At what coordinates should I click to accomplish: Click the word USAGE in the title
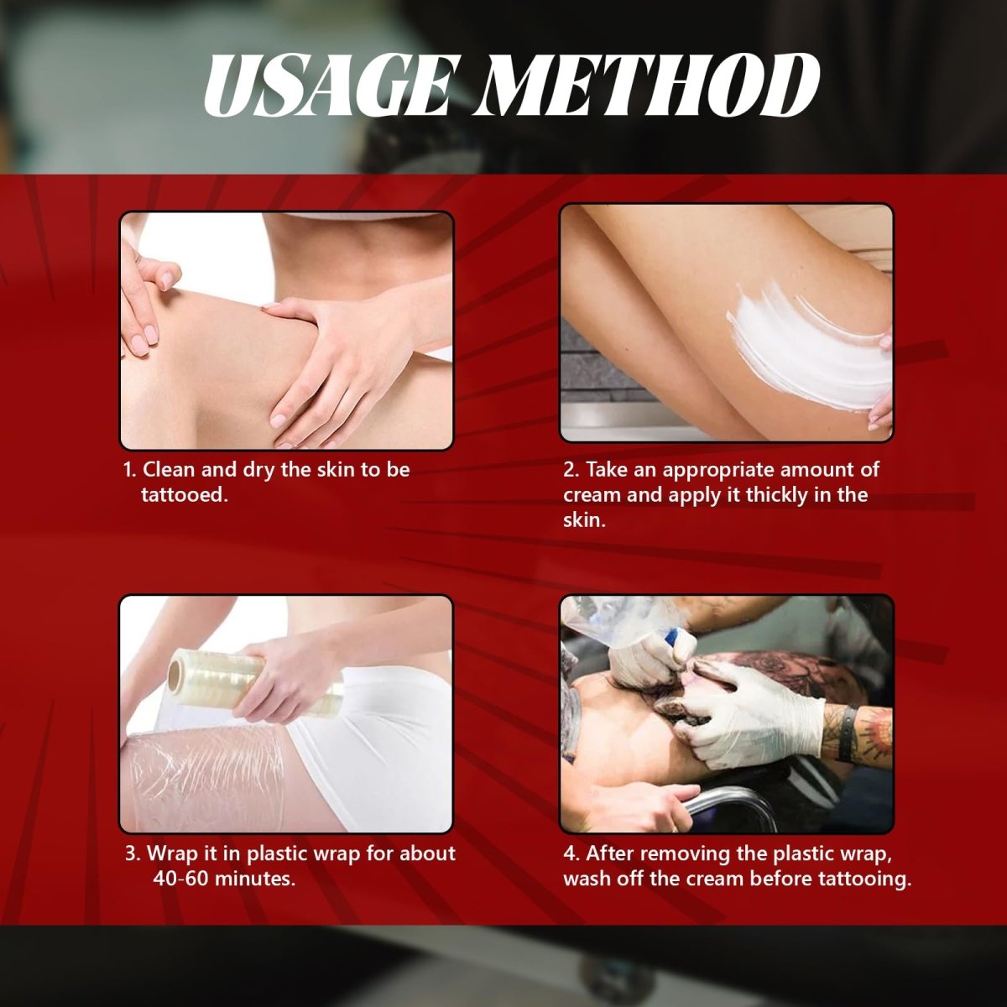pyautogui.click(x=326, y=86)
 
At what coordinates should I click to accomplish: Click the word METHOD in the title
pyautogui.click(x=647, y=86)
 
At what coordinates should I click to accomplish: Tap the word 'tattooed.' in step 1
pyautogui.click(x=185, y=494)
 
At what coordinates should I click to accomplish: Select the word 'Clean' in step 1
pyautogui.click(x=169, y=469)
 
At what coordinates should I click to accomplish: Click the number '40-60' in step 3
pyautogui.click(x=180, y=879)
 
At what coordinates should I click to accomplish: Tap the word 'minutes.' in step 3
pyautogui.click(x=255, y=879)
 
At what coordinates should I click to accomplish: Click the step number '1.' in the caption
pyautogui.click(x=130, y=470)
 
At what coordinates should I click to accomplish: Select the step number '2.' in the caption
pyautogui.click(x=571, y=470)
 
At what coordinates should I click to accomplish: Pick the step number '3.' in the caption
pyautogui.click(x=133, y=854)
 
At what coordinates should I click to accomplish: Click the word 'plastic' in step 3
pyautogui.click(x=277, y=855)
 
